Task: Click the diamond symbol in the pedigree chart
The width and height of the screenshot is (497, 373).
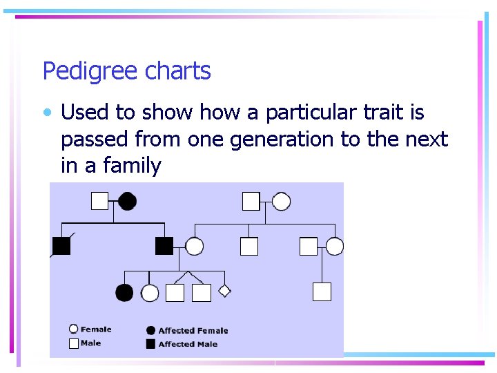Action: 224,291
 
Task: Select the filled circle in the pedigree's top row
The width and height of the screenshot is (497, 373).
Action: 127,201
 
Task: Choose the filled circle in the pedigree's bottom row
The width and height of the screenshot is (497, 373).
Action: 124,293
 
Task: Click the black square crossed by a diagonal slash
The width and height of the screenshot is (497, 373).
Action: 61,246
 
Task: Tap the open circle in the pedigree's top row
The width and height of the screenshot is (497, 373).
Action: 281,201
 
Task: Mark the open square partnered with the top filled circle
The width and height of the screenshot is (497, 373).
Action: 100,201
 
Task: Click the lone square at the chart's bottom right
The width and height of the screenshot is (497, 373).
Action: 322,291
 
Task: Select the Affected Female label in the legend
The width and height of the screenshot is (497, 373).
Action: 193,331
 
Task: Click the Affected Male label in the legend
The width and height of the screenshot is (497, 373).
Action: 188,344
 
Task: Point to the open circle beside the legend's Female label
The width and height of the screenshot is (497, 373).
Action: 73,329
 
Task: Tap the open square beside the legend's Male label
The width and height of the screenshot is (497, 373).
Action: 73,343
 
